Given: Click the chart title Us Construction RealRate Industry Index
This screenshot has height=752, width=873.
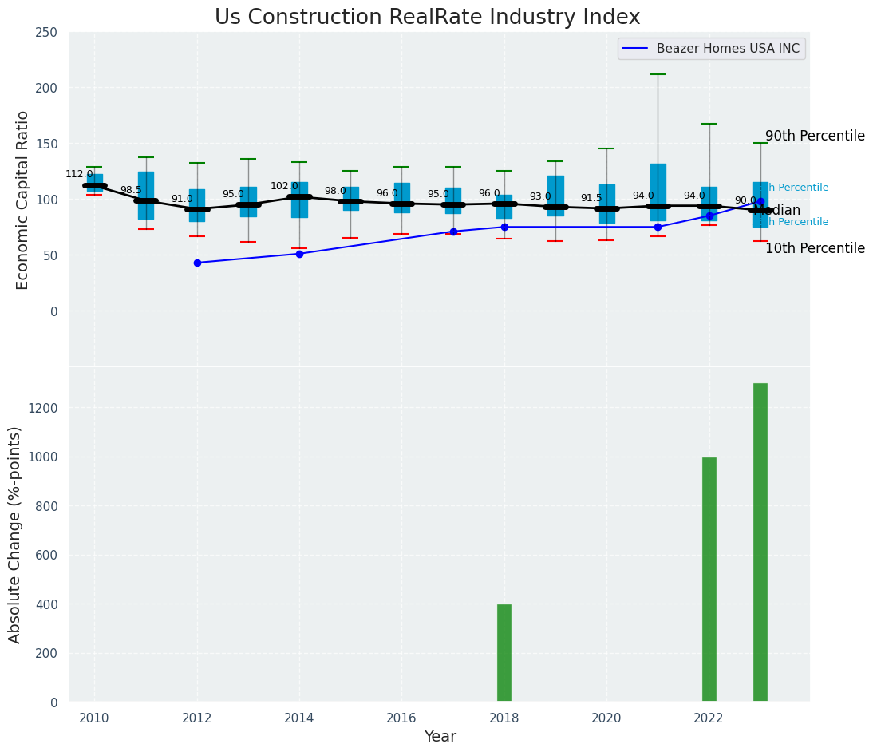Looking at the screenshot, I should click(427, 18).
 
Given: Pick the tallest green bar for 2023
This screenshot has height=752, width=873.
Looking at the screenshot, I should click(760, 543).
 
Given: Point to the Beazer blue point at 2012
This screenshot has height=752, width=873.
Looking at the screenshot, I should click(197, 263).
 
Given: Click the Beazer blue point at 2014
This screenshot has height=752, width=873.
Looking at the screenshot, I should click(299, 254).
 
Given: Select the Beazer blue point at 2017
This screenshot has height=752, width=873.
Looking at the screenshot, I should click(453, 232).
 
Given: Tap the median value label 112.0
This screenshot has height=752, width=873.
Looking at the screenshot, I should click(79, 174).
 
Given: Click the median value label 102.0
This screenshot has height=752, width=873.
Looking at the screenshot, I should click(284, 186).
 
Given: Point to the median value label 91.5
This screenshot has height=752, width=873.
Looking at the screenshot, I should click(591, 198).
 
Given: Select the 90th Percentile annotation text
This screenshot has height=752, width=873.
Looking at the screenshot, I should click(815, 136).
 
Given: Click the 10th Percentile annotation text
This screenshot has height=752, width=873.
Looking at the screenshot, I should click(815, 248).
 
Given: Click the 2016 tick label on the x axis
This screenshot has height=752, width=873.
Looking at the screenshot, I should click(402, 717).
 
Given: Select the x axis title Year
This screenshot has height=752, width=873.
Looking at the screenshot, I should click(440, 737).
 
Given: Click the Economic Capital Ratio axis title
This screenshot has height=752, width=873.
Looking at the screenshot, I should click(22, 200).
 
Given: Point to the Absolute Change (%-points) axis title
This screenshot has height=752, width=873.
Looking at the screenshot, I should click(15, 534).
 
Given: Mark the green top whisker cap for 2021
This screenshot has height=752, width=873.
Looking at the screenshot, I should click(658, 74).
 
